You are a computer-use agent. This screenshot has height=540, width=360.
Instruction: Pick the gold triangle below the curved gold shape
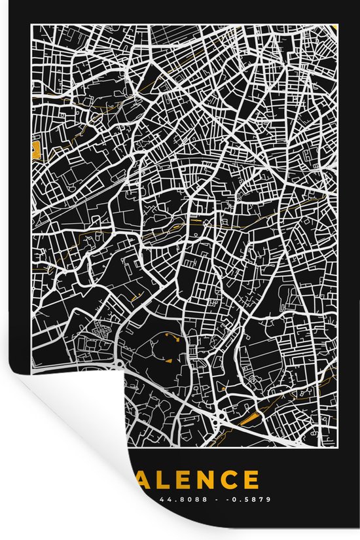coord(168,359)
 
